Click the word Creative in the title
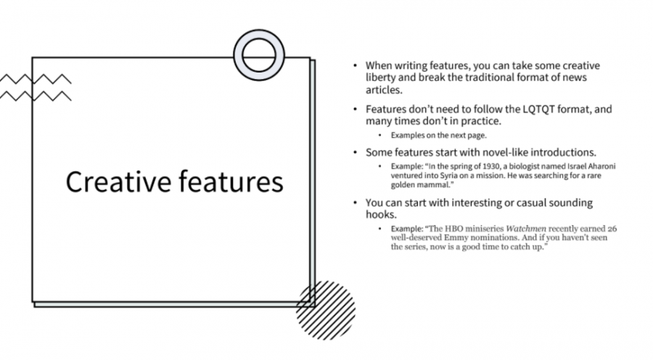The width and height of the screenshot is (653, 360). point(119,181)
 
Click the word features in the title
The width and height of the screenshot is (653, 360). point(231,181)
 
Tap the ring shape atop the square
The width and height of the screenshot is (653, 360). point(259,38)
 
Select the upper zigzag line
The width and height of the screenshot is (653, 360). point(36,79)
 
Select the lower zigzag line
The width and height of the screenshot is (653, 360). point(36,96)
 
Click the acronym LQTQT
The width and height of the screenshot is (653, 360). point(538,109)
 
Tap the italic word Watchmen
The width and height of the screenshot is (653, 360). point(525,229)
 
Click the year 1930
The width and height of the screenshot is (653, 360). point(477,166)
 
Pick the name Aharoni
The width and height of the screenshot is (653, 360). point(601,166)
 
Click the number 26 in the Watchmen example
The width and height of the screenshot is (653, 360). point(612,229)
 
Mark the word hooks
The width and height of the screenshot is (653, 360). point(381,214)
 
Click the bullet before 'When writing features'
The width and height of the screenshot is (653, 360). point(355,66)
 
